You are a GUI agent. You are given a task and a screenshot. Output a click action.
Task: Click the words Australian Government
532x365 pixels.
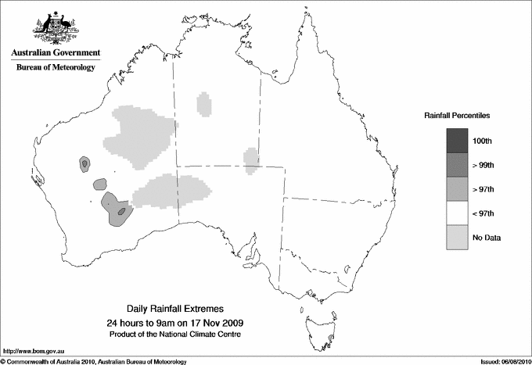click(x=56, y=54)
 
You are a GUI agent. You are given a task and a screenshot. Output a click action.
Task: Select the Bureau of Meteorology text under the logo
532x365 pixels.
click(x=56, y=68)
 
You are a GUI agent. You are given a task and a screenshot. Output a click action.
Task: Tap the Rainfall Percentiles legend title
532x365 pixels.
click(x=457, y=116)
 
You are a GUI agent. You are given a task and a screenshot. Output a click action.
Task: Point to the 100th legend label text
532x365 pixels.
click(x=483, y=141)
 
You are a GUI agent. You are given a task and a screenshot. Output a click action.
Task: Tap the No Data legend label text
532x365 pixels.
click(x=487, y=238)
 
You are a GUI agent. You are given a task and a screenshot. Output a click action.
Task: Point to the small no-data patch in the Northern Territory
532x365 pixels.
click(x=204, y=104)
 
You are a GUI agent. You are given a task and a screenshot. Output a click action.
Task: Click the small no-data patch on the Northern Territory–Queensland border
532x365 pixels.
click(x=251, y=161)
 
